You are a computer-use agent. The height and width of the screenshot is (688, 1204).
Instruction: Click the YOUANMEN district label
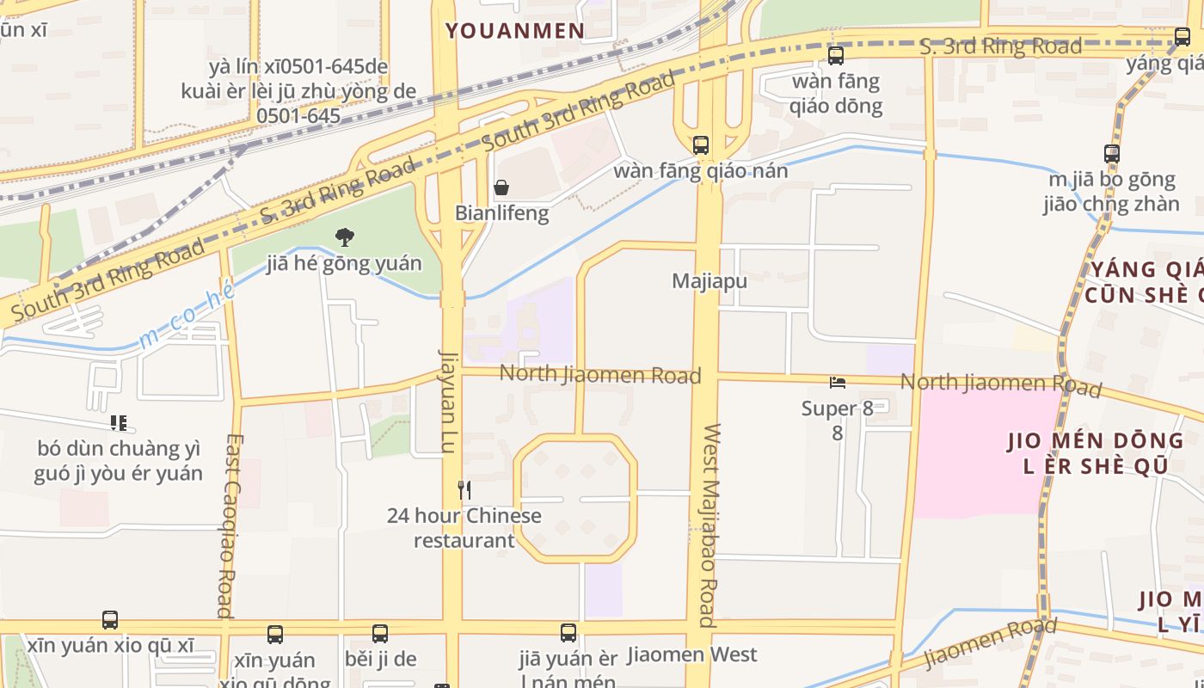coord(515,31)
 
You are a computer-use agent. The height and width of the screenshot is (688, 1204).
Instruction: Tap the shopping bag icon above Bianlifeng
coord(501,187)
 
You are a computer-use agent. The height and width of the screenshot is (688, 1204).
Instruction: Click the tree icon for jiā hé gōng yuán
coord(344,236)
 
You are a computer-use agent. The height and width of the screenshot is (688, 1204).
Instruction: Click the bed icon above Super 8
coord(837,382)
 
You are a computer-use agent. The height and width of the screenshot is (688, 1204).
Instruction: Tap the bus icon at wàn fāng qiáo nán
coord(701,144)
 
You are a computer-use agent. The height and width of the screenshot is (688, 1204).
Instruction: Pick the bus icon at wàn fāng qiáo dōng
coord(835,56)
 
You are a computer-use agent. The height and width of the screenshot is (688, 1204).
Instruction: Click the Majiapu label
coord(709,281)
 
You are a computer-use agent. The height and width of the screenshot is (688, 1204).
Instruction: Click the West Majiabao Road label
coord(708,525)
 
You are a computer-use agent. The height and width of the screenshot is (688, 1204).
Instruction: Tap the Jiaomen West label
coord(692,654)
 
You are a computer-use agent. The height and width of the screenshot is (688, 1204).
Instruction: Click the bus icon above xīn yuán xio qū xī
coord(110,620)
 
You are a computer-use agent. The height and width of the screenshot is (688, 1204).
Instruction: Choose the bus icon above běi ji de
coord(380,634)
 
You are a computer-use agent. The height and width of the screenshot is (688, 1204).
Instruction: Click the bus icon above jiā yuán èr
coord(568,633)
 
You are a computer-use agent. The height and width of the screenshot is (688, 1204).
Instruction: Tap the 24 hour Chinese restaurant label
coord(464,528)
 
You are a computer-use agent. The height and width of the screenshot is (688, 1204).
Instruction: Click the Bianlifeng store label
coord(501,213)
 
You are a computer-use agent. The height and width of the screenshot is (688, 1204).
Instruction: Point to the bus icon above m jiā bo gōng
coord(1112,154)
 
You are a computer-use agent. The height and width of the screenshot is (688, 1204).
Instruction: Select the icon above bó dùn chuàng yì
coord(119,423)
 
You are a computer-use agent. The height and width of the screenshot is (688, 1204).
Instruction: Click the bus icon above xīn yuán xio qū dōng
coord(275,635)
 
